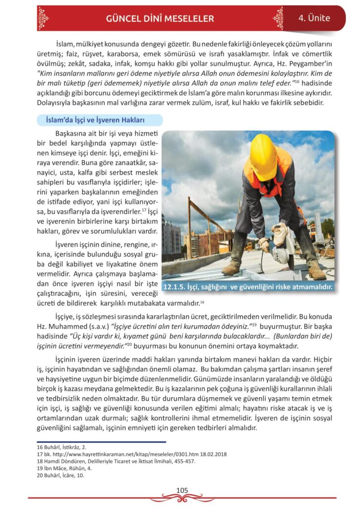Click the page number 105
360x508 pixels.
[182, 490]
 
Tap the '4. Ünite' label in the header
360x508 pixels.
[314, 18]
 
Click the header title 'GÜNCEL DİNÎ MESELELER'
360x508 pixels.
[160, 19]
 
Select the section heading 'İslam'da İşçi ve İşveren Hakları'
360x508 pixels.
[99, 120]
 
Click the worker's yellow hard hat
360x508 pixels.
[263, 156]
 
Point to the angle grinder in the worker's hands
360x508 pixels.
[283, 248]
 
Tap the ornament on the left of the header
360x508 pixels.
[44, 18]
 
